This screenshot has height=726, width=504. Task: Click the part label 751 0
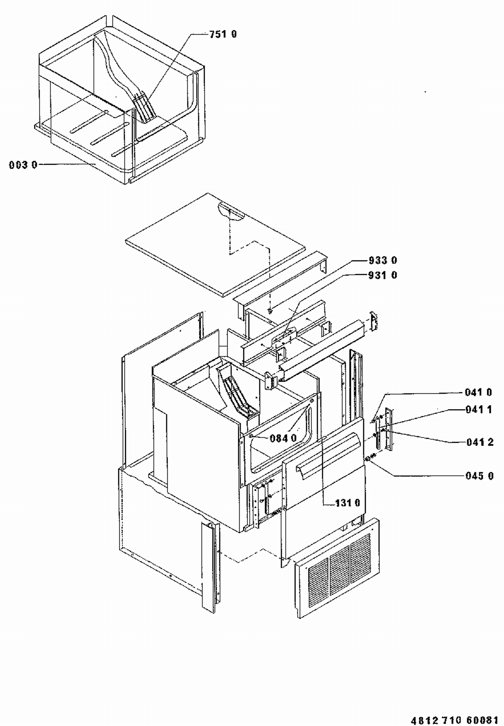pos(223,34)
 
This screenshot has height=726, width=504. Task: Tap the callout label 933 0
pos(383,260)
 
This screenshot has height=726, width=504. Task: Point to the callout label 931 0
pos(383,275)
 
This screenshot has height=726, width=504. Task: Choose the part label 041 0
pos(478,392)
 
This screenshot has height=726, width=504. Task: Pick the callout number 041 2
pos(480,442)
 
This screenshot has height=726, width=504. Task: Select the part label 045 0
pos(479,476)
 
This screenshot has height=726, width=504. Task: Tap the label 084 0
pos(283,438)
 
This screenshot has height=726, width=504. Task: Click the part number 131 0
pos(348,503)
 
